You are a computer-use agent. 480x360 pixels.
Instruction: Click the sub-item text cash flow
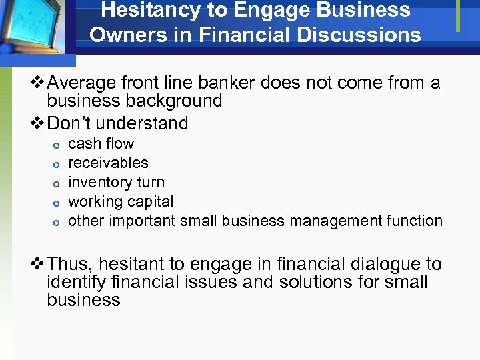click(x=101, y=143)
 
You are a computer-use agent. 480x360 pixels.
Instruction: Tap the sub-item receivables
click(x=109, y=163)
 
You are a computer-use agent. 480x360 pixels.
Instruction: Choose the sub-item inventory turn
click(x=116, y=182)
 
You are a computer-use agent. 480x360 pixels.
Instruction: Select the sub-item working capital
click(x=121, y=201)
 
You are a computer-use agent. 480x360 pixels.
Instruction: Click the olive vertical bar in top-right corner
click(x=458, y=15)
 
